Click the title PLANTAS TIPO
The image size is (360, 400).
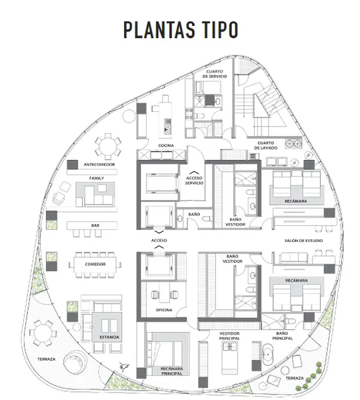coord(181,29)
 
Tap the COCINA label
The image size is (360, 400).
coord(166,145)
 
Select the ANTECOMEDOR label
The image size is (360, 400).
coord(99,165)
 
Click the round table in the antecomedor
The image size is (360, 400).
coord(108,147)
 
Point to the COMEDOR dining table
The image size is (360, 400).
coord(95,265)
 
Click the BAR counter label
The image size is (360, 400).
coord(95,225)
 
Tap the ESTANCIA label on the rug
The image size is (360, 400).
coord(109,337)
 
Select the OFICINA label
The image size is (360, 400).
coord(164,310)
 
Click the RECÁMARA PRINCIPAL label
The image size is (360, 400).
coord(171,371)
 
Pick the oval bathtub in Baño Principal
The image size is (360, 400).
coord(267,355)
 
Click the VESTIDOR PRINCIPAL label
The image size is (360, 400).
coord(229,336)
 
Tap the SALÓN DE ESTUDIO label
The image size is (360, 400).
coord(303,241)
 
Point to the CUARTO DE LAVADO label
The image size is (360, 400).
coord(265,145)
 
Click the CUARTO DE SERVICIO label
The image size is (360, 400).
coord(215,74)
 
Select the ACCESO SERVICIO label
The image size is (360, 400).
coord(194,181)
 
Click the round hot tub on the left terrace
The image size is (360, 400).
coord(75,362)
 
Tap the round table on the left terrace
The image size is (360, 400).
coord(43,333)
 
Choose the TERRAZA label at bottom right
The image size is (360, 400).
coord(295,378)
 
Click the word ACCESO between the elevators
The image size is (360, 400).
coord(159,240)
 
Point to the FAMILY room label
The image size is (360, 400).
coord(97,178)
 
